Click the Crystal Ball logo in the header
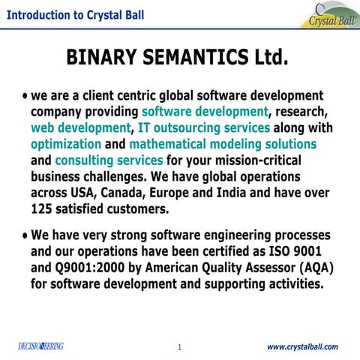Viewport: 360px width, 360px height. point(331,16)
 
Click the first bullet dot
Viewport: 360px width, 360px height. point(26,97)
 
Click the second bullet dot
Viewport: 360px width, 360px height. point(26,235)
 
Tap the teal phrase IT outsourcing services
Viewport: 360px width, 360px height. point(204,127)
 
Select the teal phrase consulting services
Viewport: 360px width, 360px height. point(109,160)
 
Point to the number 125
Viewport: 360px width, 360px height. point(43,208)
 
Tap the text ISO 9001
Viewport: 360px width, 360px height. point(299,252)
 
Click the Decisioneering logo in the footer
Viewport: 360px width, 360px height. point(40,346)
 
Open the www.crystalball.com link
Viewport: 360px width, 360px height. point(302,346)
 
